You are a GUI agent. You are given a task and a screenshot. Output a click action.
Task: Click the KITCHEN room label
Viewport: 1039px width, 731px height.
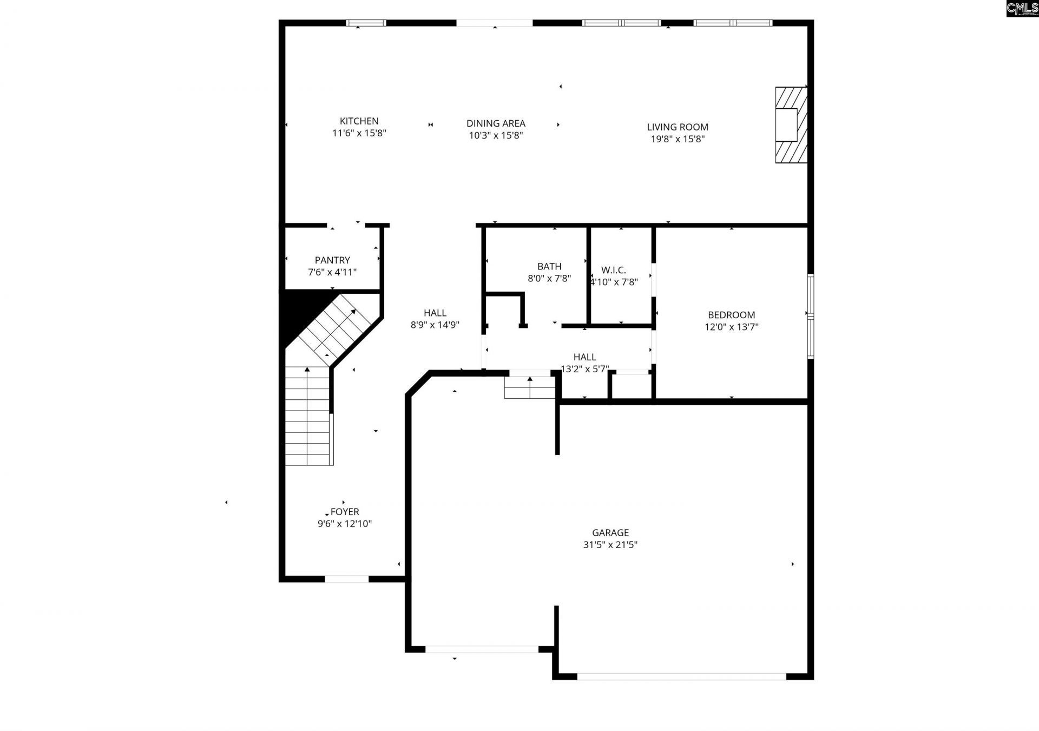click(359, 121)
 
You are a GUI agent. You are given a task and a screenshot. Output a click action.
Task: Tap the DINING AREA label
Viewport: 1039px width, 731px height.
click(496, 123)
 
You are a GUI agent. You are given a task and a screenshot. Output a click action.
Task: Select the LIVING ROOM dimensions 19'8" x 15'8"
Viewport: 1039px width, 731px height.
click(677, 139)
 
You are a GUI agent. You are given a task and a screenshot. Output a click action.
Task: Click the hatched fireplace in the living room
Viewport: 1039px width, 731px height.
click(791, 125)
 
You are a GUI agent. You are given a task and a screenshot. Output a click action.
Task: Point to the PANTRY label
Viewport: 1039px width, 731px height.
click(332, 260)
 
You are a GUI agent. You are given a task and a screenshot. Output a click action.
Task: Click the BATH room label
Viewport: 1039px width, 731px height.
click(549, 266)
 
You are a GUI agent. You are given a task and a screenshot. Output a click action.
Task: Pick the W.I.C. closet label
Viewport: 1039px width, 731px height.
click(613, 270)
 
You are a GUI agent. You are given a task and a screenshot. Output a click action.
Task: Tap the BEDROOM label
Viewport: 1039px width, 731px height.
click(731, 315)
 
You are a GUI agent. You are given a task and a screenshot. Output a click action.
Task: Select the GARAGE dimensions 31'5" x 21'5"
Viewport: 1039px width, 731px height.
click(610, 545)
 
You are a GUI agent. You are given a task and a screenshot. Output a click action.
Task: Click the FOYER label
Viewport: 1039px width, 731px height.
click(345, 512)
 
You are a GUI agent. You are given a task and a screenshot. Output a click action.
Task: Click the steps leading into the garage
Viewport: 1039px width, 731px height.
click(529, 387)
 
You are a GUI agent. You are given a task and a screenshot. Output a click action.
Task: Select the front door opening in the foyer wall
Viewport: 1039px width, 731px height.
click(346, 579)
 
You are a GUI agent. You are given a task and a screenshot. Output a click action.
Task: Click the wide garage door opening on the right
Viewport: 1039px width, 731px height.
click(681, 676)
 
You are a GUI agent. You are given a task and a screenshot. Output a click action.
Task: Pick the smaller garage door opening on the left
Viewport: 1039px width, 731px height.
click(482, 649)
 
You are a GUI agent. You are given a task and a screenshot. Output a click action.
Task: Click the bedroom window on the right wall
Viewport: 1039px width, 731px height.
click(810, 317)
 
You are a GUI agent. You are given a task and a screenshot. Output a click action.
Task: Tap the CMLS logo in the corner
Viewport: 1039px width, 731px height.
click(1022, 8)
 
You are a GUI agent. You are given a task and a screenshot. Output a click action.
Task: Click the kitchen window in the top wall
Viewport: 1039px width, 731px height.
click(366, 23)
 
